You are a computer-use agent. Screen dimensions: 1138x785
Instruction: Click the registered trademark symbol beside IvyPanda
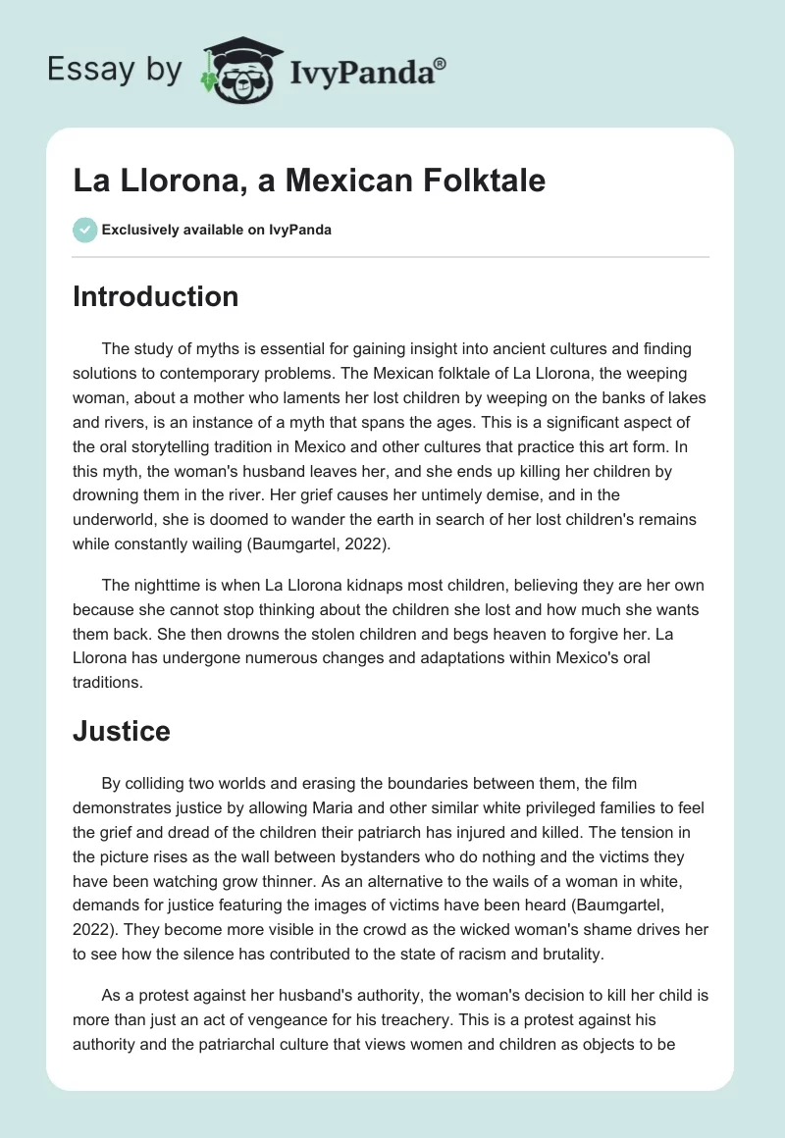[441, 64]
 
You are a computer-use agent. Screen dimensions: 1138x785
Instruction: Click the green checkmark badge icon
[84, 230]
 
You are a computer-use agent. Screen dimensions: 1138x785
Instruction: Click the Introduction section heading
[155, 296]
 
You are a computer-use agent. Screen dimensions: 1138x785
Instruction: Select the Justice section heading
[122, 731]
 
